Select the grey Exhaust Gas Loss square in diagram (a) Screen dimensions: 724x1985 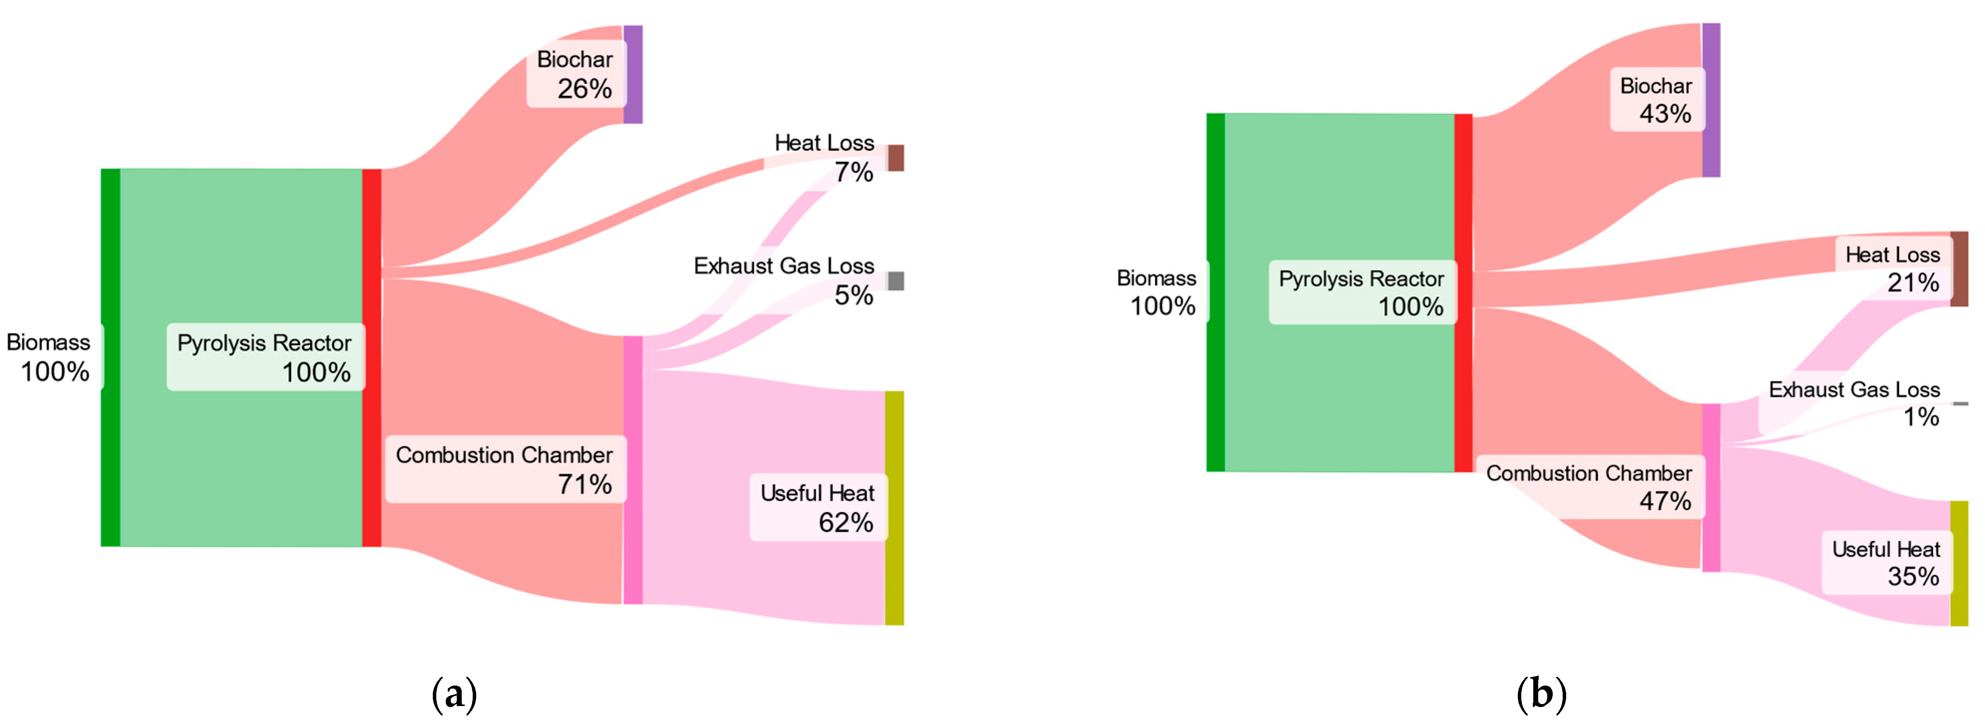896,280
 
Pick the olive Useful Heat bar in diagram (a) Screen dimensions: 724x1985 894,507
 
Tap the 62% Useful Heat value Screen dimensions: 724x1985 845,523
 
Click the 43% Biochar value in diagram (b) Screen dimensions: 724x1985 1665,114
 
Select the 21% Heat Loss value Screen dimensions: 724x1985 1913,283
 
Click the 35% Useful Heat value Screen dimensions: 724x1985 1913,577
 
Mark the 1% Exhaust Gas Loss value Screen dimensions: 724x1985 1921,417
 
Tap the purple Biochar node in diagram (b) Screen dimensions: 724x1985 1711,100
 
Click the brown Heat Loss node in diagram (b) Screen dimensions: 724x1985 1959,268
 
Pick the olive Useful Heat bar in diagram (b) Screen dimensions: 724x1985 1959,563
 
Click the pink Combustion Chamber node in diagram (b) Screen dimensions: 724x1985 1711,487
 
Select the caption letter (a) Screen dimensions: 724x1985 455,695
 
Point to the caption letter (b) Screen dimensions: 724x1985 1541,695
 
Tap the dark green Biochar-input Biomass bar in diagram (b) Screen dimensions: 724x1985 1215,292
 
